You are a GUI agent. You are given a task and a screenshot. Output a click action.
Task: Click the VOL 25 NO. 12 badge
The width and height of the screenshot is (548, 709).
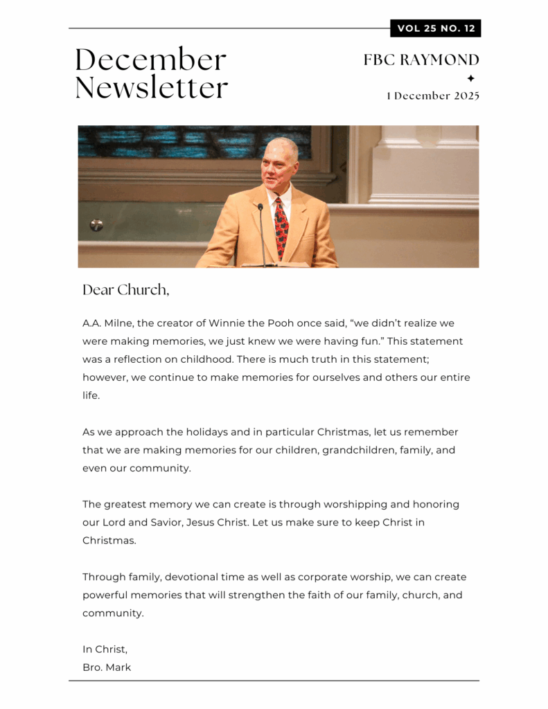[x=436, y=28]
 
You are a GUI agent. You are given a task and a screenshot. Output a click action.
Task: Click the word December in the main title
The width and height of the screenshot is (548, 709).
[x=150, y=60]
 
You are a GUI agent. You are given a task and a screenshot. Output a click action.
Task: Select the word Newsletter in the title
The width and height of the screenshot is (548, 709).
[x=152, y=88]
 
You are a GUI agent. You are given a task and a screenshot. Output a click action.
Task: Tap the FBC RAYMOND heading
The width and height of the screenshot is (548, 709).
[x=421, y=60]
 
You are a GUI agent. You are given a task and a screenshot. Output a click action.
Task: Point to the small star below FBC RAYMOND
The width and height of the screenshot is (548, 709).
[x=471, y=78]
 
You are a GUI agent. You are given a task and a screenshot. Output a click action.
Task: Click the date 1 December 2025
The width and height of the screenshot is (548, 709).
[x=433, y=96]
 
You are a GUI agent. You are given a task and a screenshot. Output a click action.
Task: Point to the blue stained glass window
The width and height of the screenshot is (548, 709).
[x=194, y=142]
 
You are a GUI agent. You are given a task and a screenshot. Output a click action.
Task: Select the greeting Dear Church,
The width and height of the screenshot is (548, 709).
[x=125, y=289]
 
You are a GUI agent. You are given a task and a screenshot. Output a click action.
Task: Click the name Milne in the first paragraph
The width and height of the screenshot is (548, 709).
[x=120, y=323]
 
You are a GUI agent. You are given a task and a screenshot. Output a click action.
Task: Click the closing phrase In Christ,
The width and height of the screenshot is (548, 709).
[x=105, y=649]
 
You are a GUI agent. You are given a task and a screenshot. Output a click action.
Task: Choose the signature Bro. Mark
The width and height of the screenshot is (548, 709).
[x=107, y=667]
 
